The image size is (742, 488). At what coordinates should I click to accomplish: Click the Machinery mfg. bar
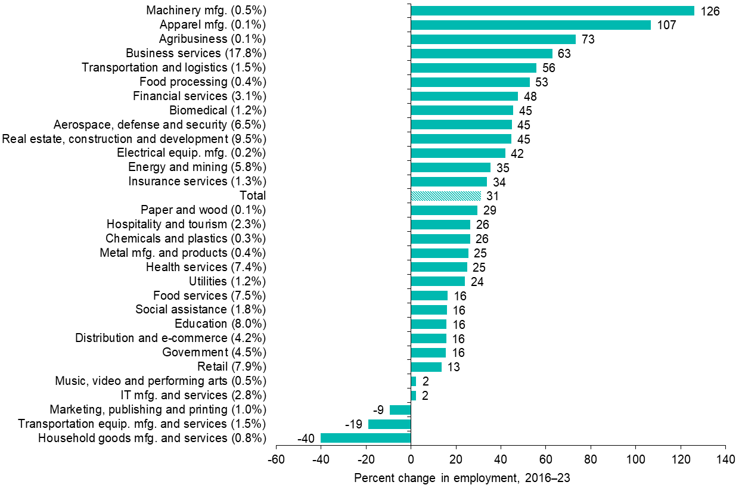tap(552, 11)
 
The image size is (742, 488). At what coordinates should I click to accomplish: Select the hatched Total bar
tap(446, 196)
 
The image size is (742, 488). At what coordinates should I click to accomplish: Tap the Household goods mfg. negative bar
tap(365, 439)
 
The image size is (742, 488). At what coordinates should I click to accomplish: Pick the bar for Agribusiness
tap(493, 39)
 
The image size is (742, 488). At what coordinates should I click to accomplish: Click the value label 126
tap(710, 11)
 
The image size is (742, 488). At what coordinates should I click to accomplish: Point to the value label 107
tap(666, 26)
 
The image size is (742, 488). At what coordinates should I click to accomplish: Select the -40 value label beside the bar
tap(306, 439)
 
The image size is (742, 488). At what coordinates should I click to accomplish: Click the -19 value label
tap(354, 425)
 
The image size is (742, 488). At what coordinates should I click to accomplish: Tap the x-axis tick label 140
tap(725, 460)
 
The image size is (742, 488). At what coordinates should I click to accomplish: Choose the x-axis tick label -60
tap(275, 460)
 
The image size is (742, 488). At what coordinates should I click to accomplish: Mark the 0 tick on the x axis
tap(411, 460)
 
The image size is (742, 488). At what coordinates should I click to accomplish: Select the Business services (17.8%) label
tap(200, 54)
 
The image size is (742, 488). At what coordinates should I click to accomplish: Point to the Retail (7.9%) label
tap(231, 366)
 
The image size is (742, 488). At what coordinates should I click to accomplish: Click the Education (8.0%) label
tap(220, 324)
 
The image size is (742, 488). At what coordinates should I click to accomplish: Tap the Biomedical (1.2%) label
tap(218, 110)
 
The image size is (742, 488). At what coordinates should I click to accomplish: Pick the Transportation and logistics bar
tap(473, 68)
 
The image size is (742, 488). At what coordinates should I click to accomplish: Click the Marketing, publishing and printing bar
tap(400, 410)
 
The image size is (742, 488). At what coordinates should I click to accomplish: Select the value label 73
tap(589, 40)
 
